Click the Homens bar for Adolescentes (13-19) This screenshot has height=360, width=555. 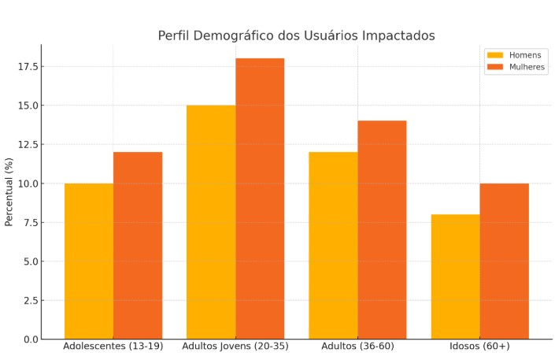pyautogui.click(x=89, y=261)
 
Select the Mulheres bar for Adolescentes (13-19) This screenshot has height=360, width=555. pyautogui.click(x=138, y=245)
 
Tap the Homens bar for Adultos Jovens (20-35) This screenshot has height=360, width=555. pyautogui.click(x=211, y=222)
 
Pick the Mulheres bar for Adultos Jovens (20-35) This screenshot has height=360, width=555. pyautogui.click(x=260, y=199)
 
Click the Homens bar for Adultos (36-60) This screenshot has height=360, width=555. pyautogui.click(x=333, y=245)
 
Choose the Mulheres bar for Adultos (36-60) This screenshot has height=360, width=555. pyautogui.click(x=382, y=229)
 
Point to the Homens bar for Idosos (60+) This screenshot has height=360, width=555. pyautogui.click(x=455, y=276)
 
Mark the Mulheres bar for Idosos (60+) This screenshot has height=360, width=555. pyautogui.click(x=504, y=261)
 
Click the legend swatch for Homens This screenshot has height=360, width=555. pyautogui.click(x=495, y=55)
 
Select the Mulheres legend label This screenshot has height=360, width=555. pyautogui.click(x=527, y=67)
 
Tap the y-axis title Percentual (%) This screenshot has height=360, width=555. pyautogui.click(x=9, y=191)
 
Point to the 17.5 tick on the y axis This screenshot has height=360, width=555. pyautogui.click(x=28, y=66)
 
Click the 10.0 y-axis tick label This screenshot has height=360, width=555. pyautogui.click(x=28, y=184)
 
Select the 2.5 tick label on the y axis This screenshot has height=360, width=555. pyautogui.click(x=31, y=300)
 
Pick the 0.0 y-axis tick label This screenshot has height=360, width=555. pyautogui.click(x=31, y=340)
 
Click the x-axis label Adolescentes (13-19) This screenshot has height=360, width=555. pyautogui.click(x=113, y=347)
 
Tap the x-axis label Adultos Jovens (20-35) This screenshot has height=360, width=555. pyautogui.click(x=235, y=347)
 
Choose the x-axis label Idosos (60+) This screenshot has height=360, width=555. pyautogui.click(x=479, y=347)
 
